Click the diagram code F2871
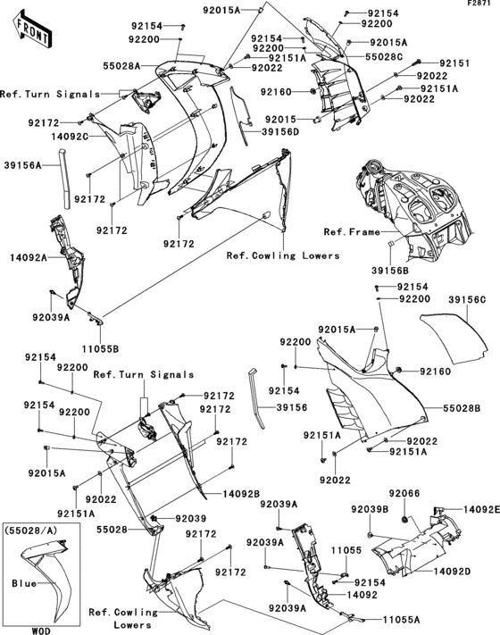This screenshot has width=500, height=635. tap(480, 5)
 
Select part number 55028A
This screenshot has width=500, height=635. tap(121, 66)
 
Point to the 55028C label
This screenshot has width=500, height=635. tap(384, 56)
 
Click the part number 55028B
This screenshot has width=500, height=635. tap(465, 406)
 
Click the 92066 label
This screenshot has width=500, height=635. tap(404, 493)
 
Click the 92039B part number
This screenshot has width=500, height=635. tap(369, 509)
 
